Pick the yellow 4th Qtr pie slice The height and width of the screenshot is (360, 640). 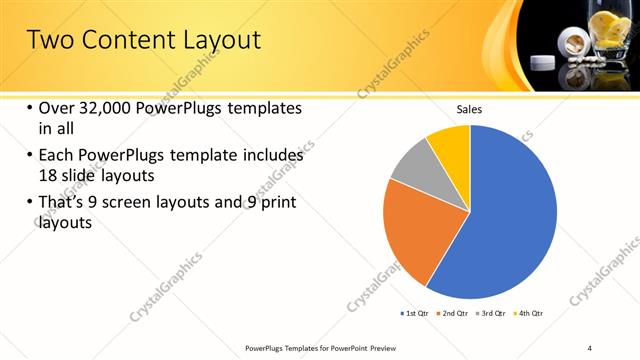pos(451,144)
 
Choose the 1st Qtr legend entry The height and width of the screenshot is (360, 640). pos(415,314)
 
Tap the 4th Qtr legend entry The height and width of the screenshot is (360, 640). pos(530,314)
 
